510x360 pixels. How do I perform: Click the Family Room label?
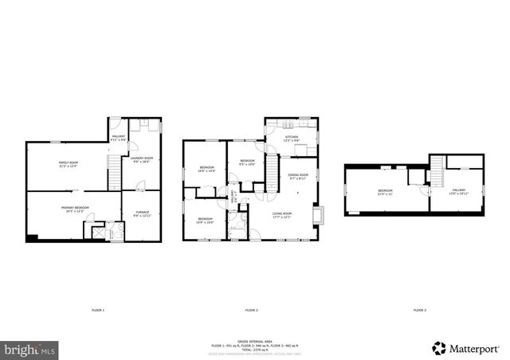click(63, 165)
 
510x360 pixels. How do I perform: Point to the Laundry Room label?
click(142, 160)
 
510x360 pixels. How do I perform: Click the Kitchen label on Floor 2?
click(292, 139)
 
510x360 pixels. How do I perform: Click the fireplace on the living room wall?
click(319, 215)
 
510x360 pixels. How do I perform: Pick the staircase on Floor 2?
click(272, 170)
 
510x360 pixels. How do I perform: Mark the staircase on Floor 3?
click(437, 169)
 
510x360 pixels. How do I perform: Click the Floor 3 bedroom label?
click(386, 192)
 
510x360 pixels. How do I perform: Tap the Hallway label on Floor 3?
click(457, 192)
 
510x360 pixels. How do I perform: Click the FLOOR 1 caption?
click(97, 309)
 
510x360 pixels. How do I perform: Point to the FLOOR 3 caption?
click(419, 309)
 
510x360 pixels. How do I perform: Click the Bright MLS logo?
click(30, 348)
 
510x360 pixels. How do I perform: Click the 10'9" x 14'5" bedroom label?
click(207, 168)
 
